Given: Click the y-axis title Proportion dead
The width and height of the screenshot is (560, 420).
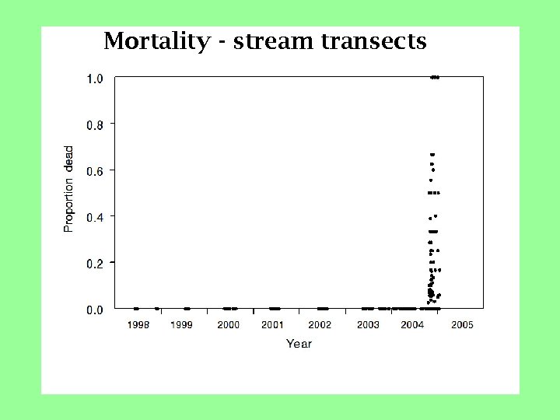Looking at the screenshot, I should click(69, 188).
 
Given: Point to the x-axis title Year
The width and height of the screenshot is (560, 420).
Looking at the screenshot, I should click(299, 343).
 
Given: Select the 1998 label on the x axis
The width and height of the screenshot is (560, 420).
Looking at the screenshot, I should click(138, 324).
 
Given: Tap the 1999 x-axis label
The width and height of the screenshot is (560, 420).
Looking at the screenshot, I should click(182, 324).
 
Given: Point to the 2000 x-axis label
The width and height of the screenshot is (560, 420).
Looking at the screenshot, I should click(228, 324).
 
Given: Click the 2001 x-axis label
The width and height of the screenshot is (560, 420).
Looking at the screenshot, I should click(272, 324).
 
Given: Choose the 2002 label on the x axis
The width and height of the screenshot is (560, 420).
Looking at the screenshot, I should click(320, 324).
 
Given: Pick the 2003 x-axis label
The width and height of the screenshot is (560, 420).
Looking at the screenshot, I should click(368, 324).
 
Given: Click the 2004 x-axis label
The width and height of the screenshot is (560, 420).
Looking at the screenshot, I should click(412, 324).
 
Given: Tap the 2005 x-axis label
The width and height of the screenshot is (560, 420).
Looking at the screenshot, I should click(462, 324).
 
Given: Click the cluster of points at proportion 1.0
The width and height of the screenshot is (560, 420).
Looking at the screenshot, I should click(435, 77).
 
